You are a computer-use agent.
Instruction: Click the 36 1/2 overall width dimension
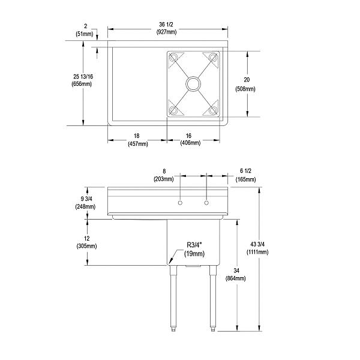point(168,24)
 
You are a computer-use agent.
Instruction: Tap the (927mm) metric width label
point(168,31)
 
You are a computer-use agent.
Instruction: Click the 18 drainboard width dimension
point(137,136)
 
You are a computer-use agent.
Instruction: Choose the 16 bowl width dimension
point(194,136)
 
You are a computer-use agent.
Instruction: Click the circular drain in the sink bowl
point(194,84)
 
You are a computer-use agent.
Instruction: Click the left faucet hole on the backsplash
point(180,204)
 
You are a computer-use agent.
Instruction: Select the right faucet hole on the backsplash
point(207,204)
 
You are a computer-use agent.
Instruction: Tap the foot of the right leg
point(212,328)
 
